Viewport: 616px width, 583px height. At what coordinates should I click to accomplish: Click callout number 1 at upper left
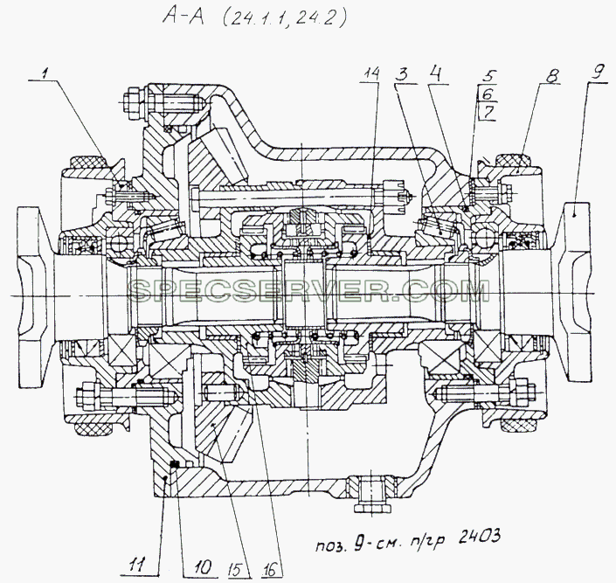click(x=45, y=73)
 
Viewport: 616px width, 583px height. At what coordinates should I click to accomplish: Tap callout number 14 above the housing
click(x=372, y=73)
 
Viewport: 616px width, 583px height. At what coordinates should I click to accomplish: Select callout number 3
click(x=402, y=74)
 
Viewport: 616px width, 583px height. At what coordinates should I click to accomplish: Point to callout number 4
click(x=435, y=74)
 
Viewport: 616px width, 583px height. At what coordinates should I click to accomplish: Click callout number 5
click(x=490, y=76)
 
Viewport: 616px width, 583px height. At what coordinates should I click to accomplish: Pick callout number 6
click(x=487, y=94)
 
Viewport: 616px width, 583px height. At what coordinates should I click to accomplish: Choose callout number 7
click(x=488, y=113)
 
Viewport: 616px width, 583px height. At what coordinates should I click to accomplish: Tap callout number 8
click(x=551, y=75)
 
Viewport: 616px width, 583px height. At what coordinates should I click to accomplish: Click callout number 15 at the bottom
click(x=239, y=568)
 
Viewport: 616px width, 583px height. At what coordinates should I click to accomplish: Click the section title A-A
click(x=183, y=17)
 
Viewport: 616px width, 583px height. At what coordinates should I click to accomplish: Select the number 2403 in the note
click(x=480, y=537)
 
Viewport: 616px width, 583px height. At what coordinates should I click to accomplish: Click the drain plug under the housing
click(x=372, y=494)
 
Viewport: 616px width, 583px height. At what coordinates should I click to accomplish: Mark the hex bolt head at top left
click(x=131, y=101)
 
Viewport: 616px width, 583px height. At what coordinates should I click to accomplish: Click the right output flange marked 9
click(x=572, y=291)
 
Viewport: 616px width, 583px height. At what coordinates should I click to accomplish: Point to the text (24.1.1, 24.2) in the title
click(x=285, y=17)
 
